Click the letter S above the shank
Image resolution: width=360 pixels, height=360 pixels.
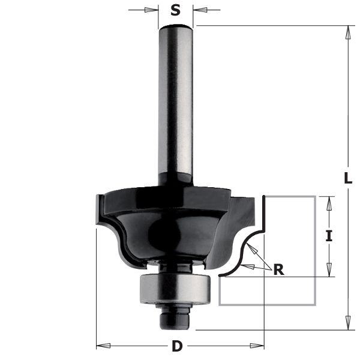click(x=175, y=10)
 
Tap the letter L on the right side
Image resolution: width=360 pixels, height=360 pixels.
click(x=348, y=178)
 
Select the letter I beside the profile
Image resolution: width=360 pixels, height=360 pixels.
click(x=328, y=236)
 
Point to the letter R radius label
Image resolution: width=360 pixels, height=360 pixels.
click(x=278, y=269)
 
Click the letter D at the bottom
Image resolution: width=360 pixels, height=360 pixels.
click(x=177, y=346)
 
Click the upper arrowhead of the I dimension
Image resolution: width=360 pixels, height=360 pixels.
click(x=328, y=203)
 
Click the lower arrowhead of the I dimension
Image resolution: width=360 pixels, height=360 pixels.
click(x=328, y=271)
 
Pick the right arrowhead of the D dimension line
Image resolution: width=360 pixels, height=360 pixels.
click(x=257, y=346)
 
